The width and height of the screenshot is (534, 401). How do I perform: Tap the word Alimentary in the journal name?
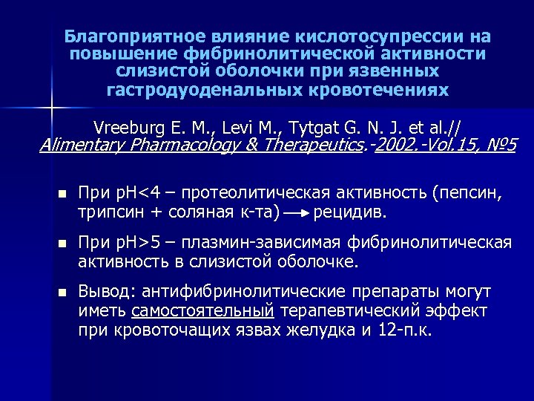click(82, 144)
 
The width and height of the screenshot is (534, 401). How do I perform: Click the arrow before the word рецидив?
click(297, 213)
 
